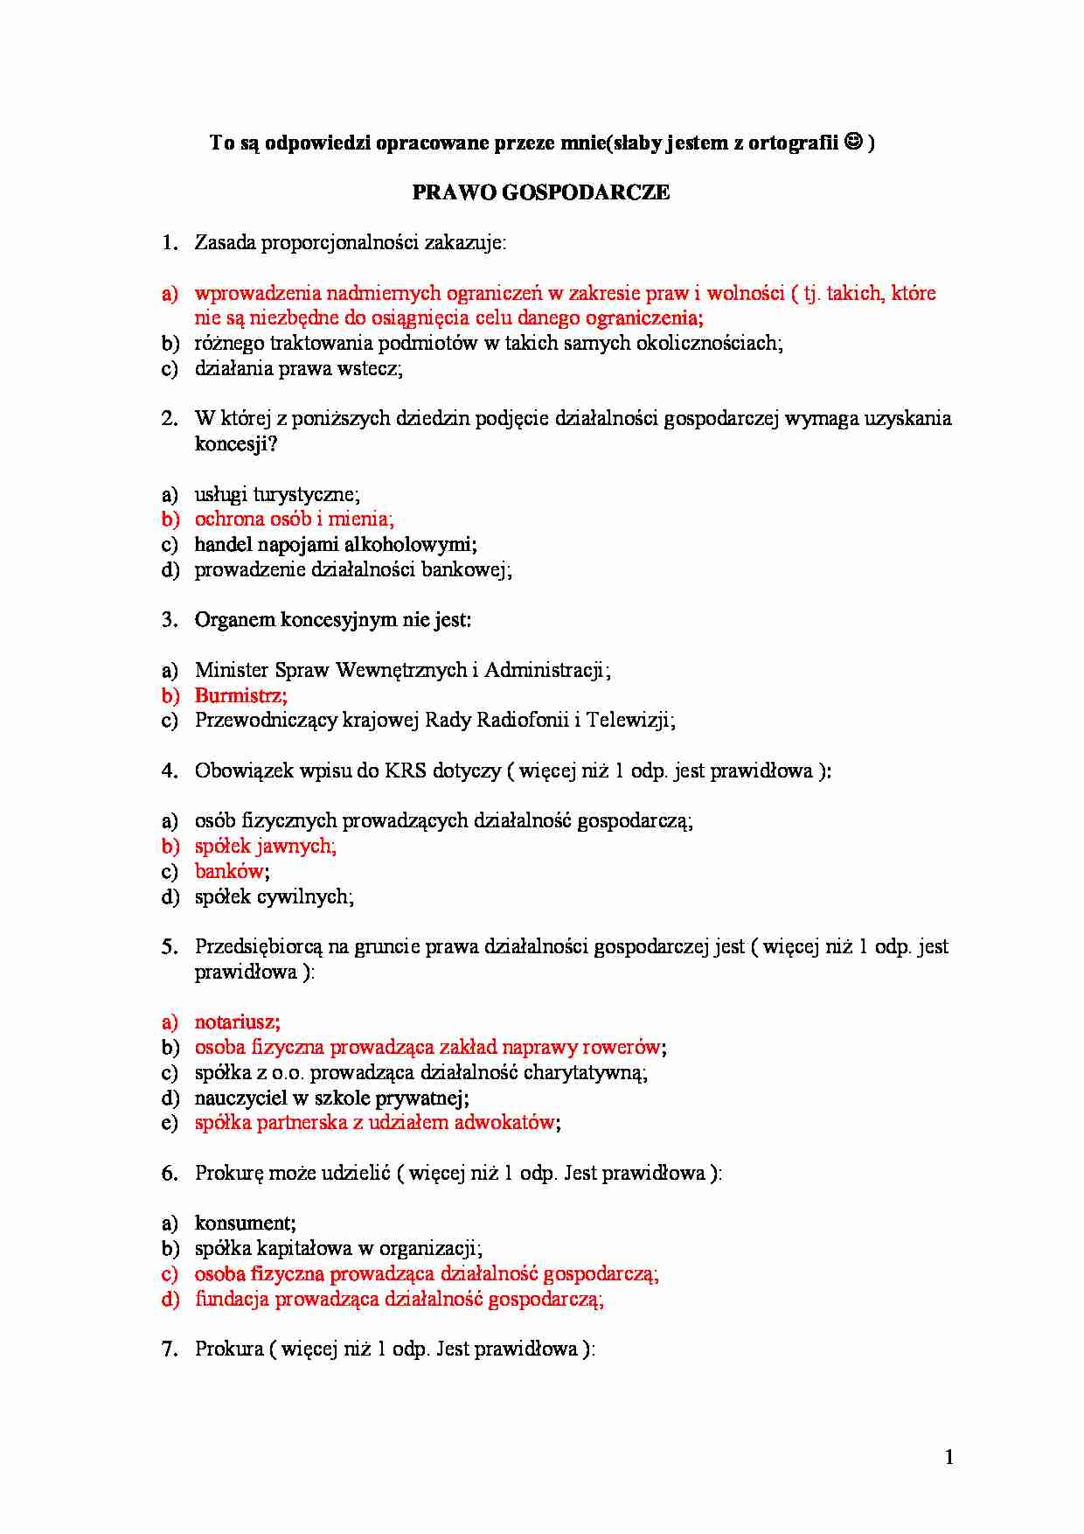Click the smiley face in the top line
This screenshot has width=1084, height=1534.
[854, 142]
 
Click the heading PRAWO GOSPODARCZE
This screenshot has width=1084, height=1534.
[541, 192]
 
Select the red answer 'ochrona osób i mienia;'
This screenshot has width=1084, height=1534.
[294, 519]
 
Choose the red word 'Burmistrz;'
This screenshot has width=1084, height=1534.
[240, 695]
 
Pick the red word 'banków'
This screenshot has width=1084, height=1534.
[229, 871]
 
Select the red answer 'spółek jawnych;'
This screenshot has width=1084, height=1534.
[265, 846]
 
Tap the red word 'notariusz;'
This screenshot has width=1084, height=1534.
[237, 1022]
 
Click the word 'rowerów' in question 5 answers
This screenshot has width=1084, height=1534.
[621, 1047]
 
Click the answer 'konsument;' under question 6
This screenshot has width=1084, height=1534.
[245, 1223]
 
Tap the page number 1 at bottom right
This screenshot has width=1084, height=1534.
[948, 1457]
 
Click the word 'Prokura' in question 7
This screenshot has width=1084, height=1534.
[229, 1349]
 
